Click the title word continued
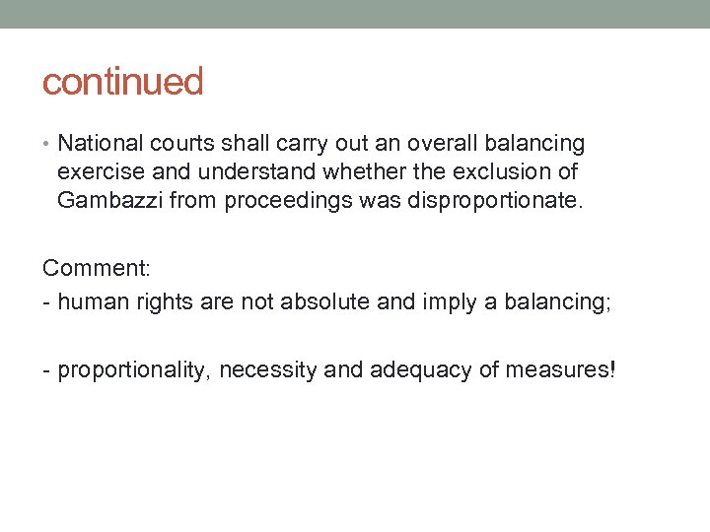[x=122, y=82]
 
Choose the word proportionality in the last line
[x=134, y=370]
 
